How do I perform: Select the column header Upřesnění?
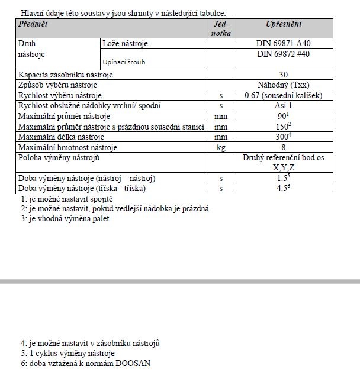pyautogui.click(x=284, y=24)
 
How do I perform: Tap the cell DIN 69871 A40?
pyautogui.click(x=283, y=44)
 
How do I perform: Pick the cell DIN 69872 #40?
pyautogui.click(x=284, y=54)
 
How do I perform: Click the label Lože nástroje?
pyautogui.click(x=125, y=44)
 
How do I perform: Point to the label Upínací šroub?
pyautogui.click(x=124, y=62)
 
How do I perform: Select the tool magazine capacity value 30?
pyautogui.click(x=284, y=75)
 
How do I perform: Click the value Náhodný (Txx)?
pyautogui.click(x=284, y=85)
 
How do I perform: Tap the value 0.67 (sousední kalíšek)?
pyautogui.click(x=284, y=95)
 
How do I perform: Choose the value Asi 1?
pyautogui.click(x=284, y=105)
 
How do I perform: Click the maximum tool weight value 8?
pyautogui.click(x=284, y=147)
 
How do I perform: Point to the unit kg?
pyautogui.click(x=221, y=147)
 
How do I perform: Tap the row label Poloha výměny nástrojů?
pyautogui.click(x=59, y=158)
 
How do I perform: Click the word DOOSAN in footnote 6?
pyautogui.click(x=133, y=363)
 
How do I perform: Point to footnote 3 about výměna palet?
pyautogui.click(x=65, y=218)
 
